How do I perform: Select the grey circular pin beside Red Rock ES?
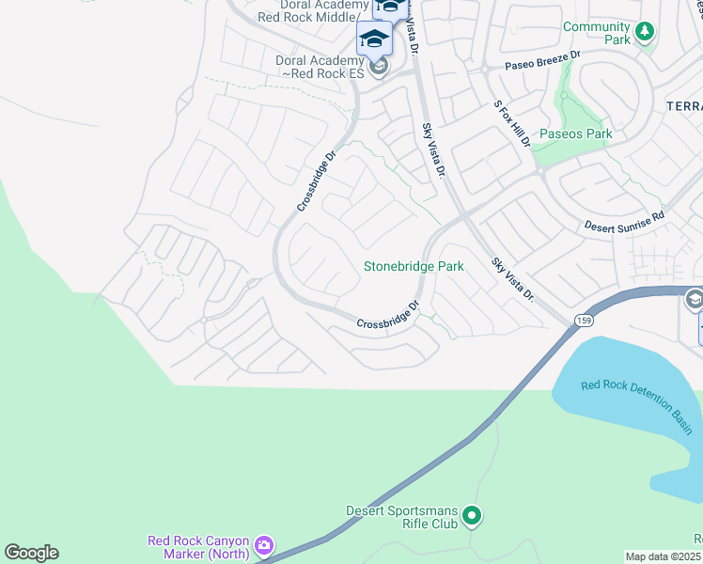point(378,67)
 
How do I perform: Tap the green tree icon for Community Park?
point(644,33)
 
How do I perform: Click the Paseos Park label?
point(575,133)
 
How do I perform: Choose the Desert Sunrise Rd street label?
point(624,221)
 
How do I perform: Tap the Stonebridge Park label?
point(414,266)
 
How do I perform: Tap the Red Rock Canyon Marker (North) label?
point(198,546)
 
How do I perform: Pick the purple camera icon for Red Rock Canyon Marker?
point(264,545)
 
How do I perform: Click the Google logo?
point(31,553)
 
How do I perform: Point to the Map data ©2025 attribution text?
point(664,556)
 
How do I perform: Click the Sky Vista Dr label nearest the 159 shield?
point(513,278)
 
